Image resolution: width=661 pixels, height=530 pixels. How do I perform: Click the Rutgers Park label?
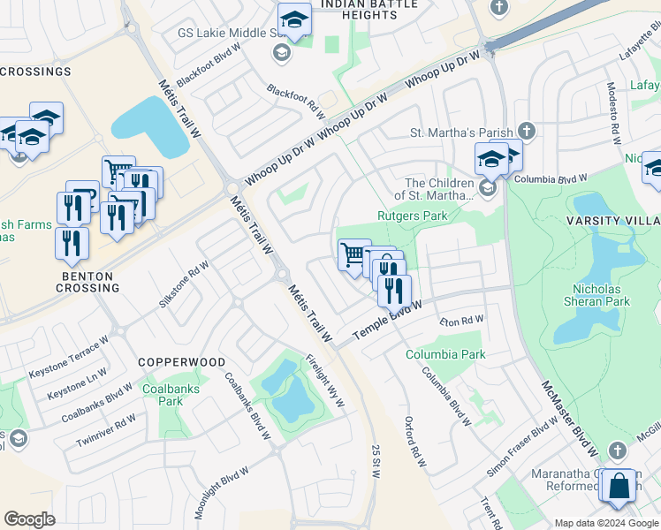click(x=413, y=216)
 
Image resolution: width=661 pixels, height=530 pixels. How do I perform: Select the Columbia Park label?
click(x=445, y=354)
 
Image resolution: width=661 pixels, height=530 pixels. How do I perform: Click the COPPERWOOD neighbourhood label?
click(x=181, y=362)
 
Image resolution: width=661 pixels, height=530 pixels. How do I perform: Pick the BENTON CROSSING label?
click(x=87, y=283)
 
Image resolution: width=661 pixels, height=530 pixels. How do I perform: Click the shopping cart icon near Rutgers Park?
click(x=353, y=254)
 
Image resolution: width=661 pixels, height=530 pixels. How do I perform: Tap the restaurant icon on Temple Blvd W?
click(x=394, y=289)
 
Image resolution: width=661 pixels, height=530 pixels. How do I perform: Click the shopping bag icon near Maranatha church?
click(x=621, y=485)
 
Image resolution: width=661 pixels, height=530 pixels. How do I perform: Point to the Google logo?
click(x=29, y=519)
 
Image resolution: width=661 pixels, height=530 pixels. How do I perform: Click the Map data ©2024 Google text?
click(x=605, y=523)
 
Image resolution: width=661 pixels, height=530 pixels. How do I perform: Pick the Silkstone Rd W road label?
click(x=183, y=284)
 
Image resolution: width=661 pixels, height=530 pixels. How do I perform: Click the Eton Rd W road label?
click(x=462, y=321)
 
